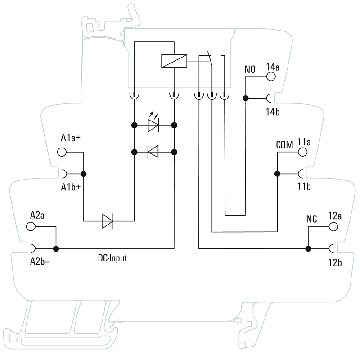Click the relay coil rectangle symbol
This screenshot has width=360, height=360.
(x=174, y=61)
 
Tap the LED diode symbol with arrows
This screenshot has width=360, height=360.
(x=153, y=126)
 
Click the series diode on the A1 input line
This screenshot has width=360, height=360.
(x=108, y=221)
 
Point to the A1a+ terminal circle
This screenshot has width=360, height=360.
(x=62, y=152)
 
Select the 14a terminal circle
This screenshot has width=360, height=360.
(x=271, y=76)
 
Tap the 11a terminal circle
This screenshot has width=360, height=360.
(x=302, y=152)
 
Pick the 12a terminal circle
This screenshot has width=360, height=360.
(x=333, y=226)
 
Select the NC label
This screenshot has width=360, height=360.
(x=311, y=220)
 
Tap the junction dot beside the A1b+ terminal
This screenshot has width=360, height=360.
(x=83, y=174)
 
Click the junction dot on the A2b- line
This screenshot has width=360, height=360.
(x=56, y=248)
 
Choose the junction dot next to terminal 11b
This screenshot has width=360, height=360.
(x=277, y=174)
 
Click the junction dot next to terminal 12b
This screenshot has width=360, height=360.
(x=308, y=248)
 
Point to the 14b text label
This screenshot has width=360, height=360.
(x=272, y=112)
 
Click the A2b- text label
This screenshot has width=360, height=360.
(x=40, y=261)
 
